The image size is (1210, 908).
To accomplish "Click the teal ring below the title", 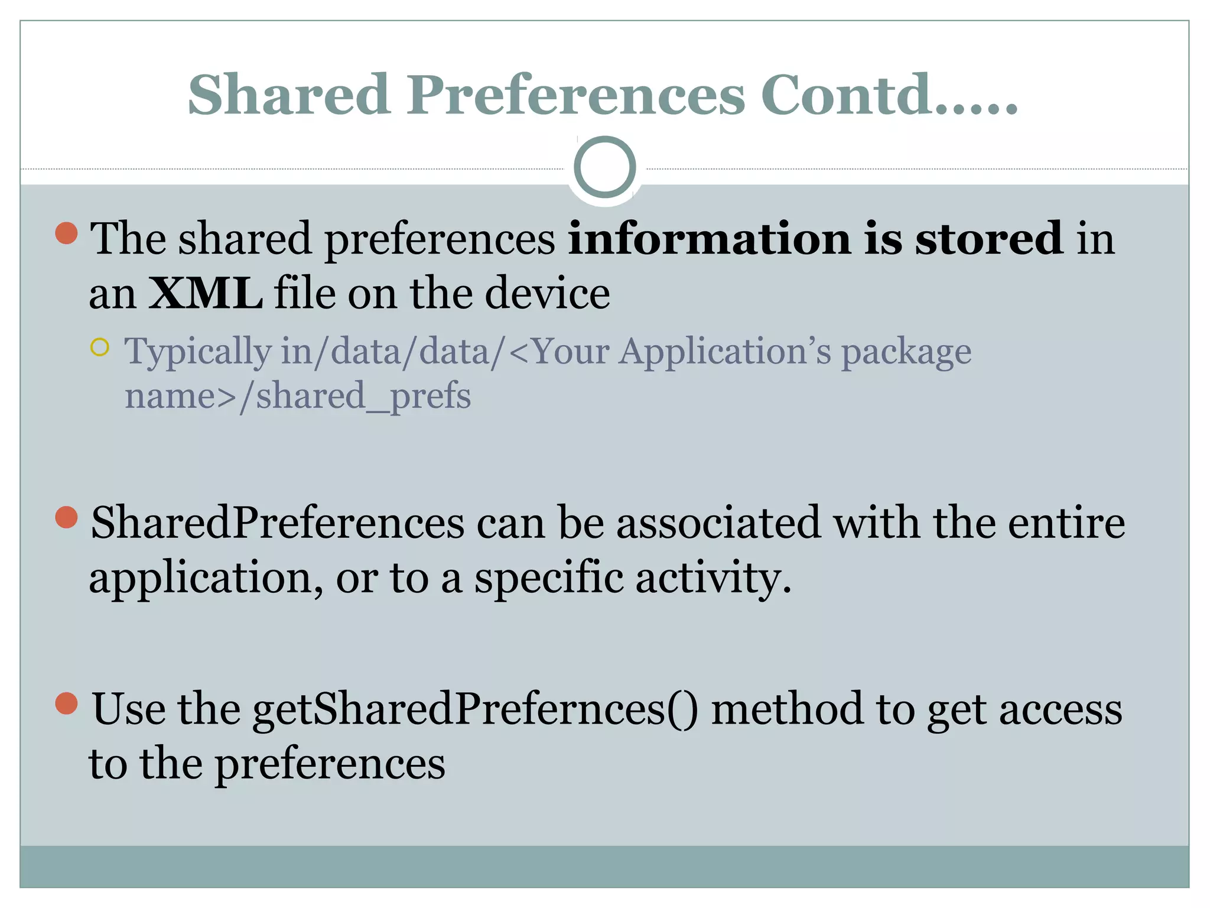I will (604, 167).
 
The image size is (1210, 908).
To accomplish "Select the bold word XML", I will (205, 293).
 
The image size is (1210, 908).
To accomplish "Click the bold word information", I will (709, 238).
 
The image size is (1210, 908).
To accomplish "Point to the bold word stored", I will (988, 238).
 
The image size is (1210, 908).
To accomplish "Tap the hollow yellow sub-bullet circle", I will (100, 347).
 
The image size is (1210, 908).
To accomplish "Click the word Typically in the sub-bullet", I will (197, 352).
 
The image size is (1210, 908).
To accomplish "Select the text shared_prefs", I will (363, 396).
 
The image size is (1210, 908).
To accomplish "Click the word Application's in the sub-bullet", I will (725, 351).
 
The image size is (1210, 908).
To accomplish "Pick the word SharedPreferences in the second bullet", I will (278, 523).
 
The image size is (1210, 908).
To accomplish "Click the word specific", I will (549, 578).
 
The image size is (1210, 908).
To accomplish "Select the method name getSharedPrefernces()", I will (475, 709).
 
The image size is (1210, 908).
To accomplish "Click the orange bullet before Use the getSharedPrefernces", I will (67, 703).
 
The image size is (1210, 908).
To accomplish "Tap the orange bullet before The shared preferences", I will (67, 233).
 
